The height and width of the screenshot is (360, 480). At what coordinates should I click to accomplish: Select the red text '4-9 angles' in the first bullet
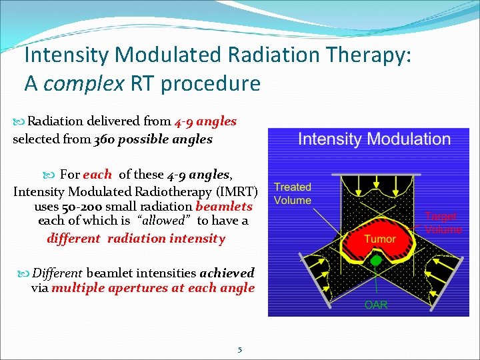[205, 121]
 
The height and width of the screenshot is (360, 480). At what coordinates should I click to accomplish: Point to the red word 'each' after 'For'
[97, 175]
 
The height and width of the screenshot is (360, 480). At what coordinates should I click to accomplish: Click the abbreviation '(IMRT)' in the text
[234, 191]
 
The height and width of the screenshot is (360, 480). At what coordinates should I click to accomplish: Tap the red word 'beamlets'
[224, 207]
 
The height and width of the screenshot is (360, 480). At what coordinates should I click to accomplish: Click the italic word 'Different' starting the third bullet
[57, 273]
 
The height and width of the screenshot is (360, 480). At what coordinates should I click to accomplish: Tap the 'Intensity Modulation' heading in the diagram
[374, 139]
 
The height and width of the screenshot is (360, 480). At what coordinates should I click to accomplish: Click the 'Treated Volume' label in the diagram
[293, 194]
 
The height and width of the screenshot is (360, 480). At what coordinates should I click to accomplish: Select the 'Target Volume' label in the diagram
[443, 223]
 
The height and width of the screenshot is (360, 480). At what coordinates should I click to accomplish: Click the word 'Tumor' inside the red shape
[379, 239]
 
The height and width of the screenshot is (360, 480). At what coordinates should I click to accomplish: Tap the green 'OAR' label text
[375, 305]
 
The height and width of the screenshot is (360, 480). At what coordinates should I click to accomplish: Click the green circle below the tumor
[376, 261]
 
